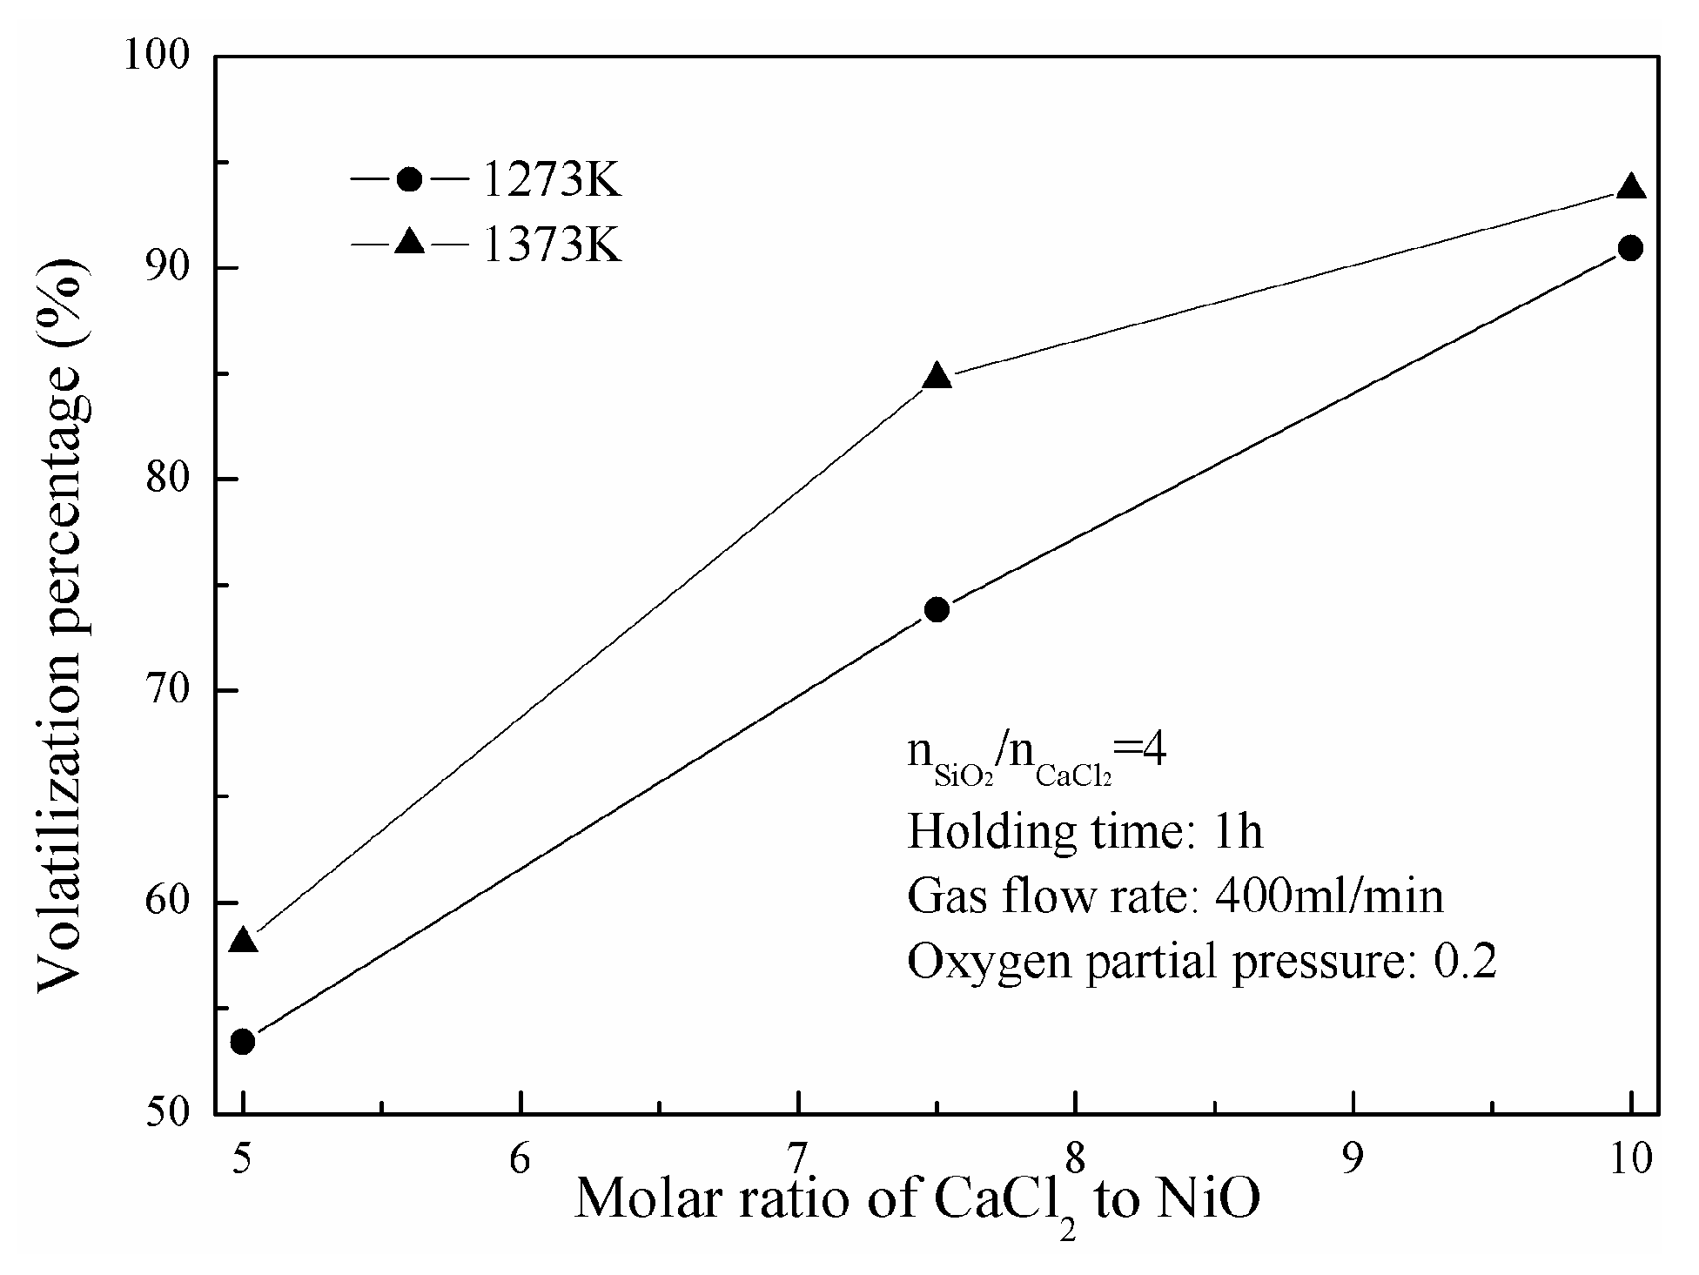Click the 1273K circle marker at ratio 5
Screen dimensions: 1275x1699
(x=244, y=1041)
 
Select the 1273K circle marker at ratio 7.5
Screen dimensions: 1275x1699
(x=937, y=609)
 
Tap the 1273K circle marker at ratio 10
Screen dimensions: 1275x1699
(x=1630, y=248)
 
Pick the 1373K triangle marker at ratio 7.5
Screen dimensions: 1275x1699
(x=937, y=377)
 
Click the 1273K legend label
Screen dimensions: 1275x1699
(x=551, y=181)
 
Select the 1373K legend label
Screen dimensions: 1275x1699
(x=551, y=245)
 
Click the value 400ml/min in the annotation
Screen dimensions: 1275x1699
(x=1328, y=896)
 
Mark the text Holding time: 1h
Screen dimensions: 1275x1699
(x=1085, y=831)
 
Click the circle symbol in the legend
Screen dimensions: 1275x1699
(x=409, y=180)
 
